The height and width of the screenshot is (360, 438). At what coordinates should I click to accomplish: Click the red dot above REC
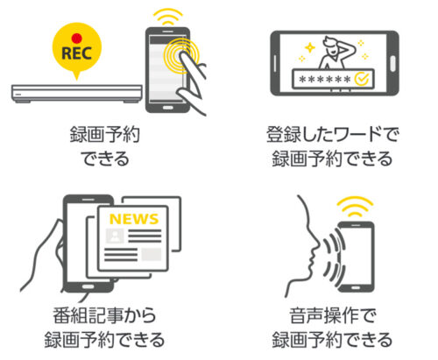77,39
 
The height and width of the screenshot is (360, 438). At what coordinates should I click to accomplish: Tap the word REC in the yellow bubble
77,53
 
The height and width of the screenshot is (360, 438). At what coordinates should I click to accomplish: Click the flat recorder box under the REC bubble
77,94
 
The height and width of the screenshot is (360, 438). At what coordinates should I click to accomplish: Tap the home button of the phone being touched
167,108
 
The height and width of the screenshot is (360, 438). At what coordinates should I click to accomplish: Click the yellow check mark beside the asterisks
362,78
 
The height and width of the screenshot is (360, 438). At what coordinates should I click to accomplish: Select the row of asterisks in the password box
325,79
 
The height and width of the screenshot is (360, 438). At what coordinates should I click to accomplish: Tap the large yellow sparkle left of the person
310,47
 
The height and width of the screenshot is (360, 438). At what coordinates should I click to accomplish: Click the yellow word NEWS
134,219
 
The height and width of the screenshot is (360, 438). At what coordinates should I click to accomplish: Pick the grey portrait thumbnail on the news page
115,236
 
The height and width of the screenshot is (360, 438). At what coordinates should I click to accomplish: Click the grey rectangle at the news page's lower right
152,254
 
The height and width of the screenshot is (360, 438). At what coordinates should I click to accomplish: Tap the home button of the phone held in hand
88,286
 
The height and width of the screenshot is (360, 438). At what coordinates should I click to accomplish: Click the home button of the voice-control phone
356,287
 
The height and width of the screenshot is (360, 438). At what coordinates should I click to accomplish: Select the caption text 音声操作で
332,315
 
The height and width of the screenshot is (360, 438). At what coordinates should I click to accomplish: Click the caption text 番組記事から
104,315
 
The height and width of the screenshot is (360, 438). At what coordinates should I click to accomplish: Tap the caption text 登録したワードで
332,135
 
